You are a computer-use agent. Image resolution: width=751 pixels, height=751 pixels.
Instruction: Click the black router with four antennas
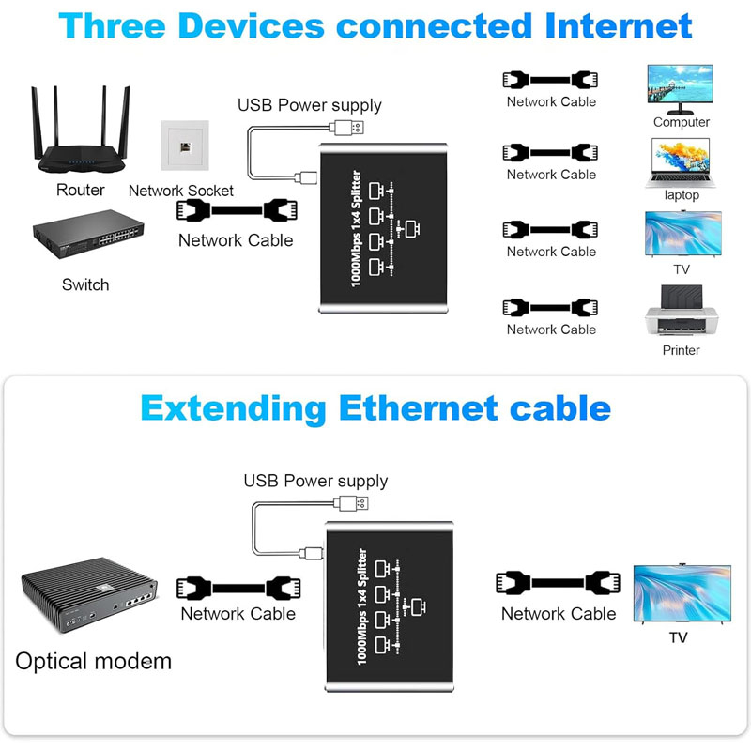pyautogui.click(x=80, y=141)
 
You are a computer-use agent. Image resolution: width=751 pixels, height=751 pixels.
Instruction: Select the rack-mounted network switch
pyautogui.click(x=86, y=242)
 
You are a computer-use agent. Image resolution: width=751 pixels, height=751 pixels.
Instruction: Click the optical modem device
pyautogui.click(x=88, y=601)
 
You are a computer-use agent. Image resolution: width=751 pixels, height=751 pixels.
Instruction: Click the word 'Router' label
pyautogui.click(x=81, y=191)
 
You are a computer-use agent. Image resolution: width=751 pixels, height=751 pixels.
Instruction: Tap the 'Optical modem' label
pyautogui.click(x=94, y=661)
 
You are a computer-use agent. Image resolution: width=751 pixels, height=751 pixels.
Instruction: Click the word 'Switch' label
pyautogui.click(x=85, y=284)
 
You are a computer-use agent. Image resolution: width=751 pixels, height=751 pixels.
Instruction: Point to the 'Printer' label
pyautogui.click(x=682, y=350)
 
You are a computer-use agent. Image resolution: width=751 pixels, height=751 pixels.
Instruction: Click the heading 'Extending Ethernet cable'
pyautogui.click(x=375, y=408)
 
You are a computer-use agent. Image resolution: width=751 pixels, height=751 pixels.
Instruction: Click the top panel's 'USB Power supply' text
pyautogui.click(x=309, y=105)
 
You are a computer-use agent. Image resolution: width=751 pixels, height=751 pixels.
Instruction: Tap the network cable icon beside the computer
pyautogui.click(x=551, y=79)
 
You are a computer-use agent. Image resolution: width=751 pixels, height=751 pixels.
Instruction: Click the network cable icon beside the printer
pyautogui.click(x=551, y=307)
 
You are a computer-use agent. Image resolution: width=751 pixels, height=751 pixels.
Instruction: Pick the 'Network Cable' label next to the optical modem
pyautogui.click(x=238, y=614)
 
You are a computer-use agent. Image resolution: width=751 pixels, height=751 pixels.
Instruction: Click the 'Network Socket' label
pyautogui.click(x=181, y=191)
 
